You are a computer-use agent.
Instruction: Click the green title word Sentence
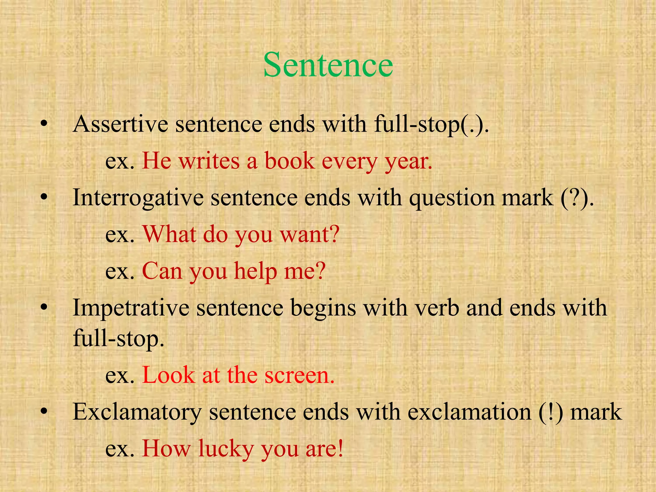click(328, 65)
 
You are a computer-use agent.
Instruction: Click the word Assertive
click(120, 124)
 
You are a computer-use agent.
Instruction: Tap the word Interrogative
click(138, 198)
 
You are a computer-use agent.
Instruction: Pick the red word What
click(169, 234)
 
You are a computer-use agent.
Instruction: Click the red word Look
click(168, 375)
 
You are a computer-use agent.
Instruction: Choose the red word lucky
click(225, 448)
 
